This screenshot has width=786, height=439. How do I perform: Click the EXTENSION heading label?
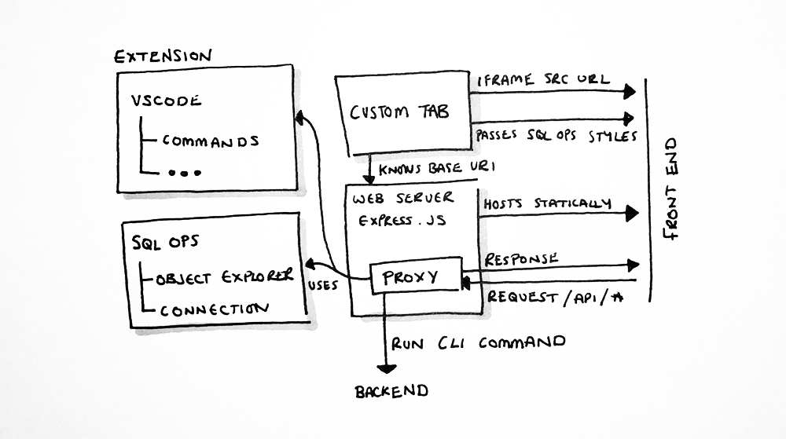click(163, 57)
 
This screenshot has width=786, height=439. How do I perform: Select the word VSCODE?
click(166, 101)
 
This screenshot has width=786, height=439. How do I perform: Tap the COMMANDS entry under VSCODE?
click(210, 141)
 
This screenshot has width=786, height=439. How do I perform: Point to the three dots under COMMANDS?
click(185, 171)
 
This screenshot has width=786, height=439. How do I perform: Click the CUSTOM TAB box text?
click(400, 112)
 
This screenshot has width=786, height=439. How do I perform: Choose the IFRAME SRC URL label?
click(544, 79)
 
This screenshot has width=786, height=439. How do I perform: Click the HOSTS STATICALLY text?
click(547, 203)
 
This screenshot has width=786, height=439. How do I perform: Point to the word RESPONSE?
click(523, 258)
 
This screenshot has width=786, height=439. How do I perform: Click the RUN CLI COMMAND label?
click(478, 342)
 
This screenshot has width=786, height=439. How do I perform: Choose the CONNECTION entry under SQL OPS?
click(213, 309)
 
